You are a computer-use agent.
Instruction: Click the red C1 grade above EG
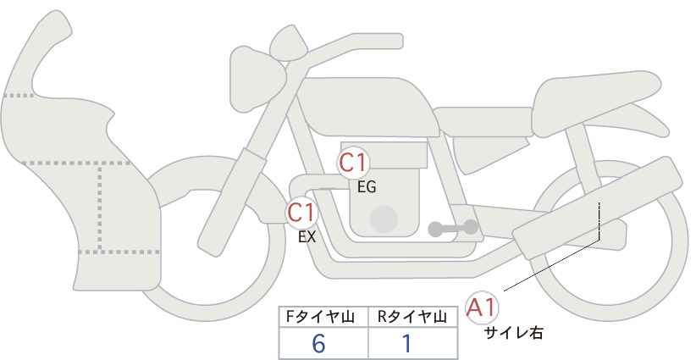point(353,163)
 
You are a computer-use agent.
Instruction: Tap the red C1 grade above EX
point(301,213)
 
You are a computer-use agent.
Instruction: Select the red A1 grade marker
point(482,307)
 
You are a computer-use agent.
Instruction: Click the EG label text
point(367,187)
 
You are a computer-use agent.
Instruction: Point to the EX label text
point(307,237)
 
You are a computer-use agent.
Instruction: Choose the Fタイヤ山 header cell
point(323,317)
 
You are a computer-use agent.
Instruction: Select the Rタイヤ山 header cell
point(413,317)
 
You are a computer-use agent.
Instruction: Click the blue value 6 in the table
point(318,344)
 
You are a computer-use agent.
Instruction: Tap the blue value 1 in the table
point(406,344)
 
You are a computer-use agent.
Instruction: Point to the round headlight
point(257,80)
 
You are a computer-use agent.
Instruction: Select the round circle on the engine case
point(384,219)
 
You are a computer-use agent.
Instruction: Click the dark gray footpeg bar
point(453,228)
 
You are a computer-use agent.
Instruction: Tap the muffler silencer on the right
point(597,208)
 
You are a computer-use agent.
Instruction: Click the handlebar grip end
point(393,41)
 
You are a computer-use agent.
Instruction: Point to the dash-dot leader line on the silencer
point(599,222)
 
